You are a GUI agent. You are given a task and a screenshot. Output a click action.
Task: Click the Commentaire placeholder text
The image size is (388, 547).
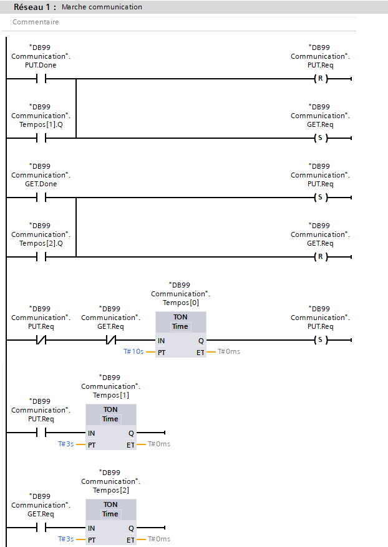(x=36, y=22)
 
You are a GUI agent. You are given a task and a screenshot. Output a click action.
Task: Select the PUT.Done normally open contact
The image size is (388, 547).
(x=41, y=79)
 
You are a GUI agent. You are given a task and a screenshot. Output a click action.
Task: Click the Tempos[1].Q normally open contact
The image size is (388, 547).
(x=41, y=138)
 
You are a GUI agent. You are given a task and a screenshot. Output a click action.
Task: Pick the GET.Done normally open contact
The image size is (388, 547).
(x=41, y=198)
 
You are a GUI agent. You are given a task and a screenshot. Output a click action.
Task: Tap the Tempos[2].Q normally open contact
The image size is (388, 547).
(x=41, y=256)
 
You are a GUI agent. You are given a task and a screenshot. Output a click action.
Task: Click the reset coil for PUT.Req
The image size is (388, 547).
(x=320, y=79)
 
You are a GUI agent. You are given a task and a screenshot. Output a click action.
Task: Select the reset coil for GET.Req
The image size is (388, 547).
(x=320, y=256)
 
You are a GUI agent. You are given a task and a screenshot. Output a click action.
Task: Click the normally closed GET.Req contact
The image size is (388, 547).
(x=110, y=341)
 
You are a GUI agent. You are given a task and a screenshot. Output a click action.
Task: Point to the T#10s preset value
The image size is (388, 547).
(x=133, y=351)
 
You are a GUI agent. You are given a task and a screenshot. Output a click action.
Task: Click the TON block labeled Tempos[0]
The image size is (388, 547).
(x=180, y=334)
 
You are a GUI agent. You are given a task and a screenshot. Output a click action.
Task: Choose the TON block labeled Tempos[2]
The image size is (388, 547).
(x=110, y=522)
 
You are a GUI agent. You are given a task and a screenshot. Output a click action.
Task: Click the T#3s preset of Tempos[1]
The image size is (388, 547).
(x=65, y=444)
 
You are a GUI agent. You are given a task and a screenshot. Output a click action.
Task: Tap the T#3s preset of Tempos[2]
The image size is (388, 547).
(x=65, y=539)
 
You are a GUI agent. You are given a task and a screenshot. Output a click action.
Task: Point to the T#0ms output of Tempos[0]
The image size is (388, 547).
(x=228, y=351)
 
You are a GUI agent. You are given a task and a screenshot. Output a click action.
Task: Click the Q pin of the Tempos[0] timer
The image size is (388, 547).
(x=201, y=341)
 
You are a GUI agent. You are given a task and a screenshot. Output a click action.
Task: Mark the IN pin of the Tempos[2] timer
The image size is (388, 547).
(x=92, y=528)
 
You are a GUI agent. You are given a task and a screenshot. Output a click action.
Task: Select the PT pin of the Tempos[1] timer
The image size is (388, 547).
(x=92, y=444)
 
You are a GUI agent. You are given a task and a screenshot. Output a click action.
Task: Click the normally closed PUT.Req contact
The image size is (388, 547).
(x=41, y=341)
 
